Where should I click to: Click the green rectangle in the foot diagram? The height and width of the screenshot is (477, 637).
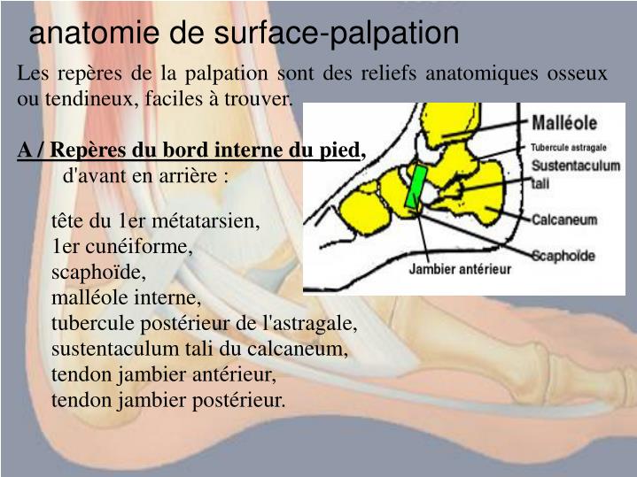point(415,187)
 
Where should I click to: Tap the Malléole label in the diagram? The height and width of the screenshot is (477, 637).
point(564,123)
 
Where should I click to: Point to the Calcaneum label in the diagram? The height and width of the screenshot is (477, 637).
point(563,219)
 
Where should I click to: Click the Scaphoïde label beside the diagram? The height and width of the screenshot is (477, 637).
point(564,255)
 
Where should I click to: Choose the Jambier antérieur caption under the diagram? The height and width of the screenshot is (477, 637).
point(460,269)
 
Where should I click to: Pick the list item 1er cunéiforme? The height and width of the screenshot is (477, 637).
point(122,246)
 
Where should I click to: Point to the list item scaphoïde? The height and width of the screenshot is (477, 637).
point(98,272)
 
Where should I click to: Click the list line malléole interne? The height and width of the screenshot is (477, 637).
point(127,297)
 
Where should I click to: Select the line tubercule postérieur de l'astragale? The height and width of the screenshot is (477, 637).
point(205,323)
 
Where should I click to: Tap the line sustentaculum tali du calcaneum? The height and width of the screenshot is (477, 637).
point(200,349)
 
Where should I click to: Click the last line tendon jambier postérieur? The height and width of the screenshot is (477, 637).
point(169,400)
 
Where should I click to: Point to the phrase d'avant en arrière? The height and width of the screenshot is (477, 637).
point(147,175)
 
